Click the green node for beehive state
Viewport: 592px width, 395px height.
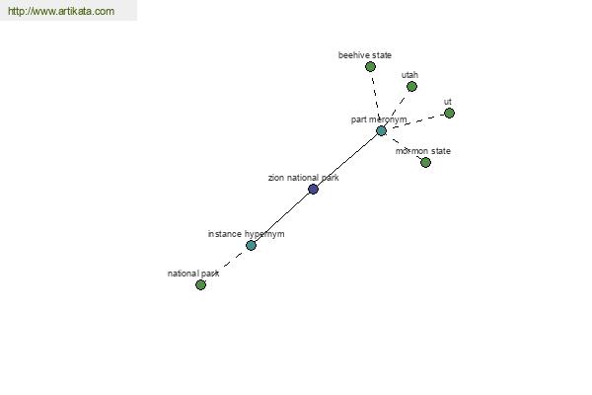pyautogui.click(x=370, y=67)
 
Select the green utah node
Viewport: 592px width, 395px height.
pyautogui.click(x=411, y=87)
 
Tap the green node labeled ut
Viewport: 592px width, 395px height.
pyautogui.click(x=449, y=113)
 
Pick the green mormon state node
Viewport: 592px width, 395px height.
pyautogui.click(x=425, y=163)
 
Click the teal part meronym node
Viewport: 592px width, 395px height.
pyautogui.click(x=381, y=131)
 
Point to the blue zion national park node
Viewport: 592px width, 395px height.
pyautogui.click(x=313, y=189)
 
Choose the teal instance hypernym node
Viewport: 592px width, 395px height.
pyautogui.click(x=251, y=246)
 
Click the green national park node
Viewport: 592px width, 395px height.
pyautogui.click(x=201, y=285)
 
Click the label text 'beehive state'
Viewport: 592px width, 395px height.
pyautogui.click(x=365, y=55)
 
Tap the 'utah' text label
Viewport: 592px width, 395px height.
pyautogui.click(x=409, y=75)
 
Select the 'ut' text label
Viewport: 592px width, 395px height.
pyautogui.click(x=448, y=102)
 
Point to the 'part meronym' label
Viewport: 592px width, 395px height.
pyautogui.click(x=379, y=119)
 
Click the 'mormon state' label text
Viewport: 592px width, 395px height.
pyautogui.click(x=423, y=151)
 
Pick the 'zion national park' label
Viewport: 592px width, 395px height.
pyautogui.click(x=304, y=178)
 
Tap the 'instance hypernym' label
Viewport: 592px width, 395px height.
pyautogui.click(x=246, y=234)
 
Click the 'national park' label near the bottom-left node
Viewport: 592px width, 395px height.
pyautogui.click(x=193, y=274)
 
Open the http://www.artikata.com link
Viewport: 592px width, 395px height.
pyautogui.click(x=61, y=11)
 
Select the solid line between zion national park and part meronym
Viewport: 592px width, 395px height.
pyautogui.click(x=347, y=160)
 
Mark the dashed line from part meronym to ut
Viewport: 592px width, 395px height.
pyautogui.click(x=415, y=122)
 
